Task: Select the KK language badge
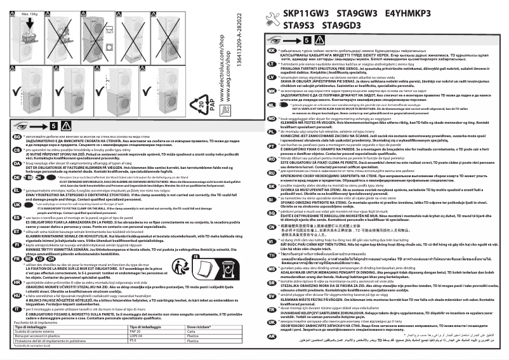click(x=272, y=51)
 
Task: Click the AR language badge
click(x=272, y=335)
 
